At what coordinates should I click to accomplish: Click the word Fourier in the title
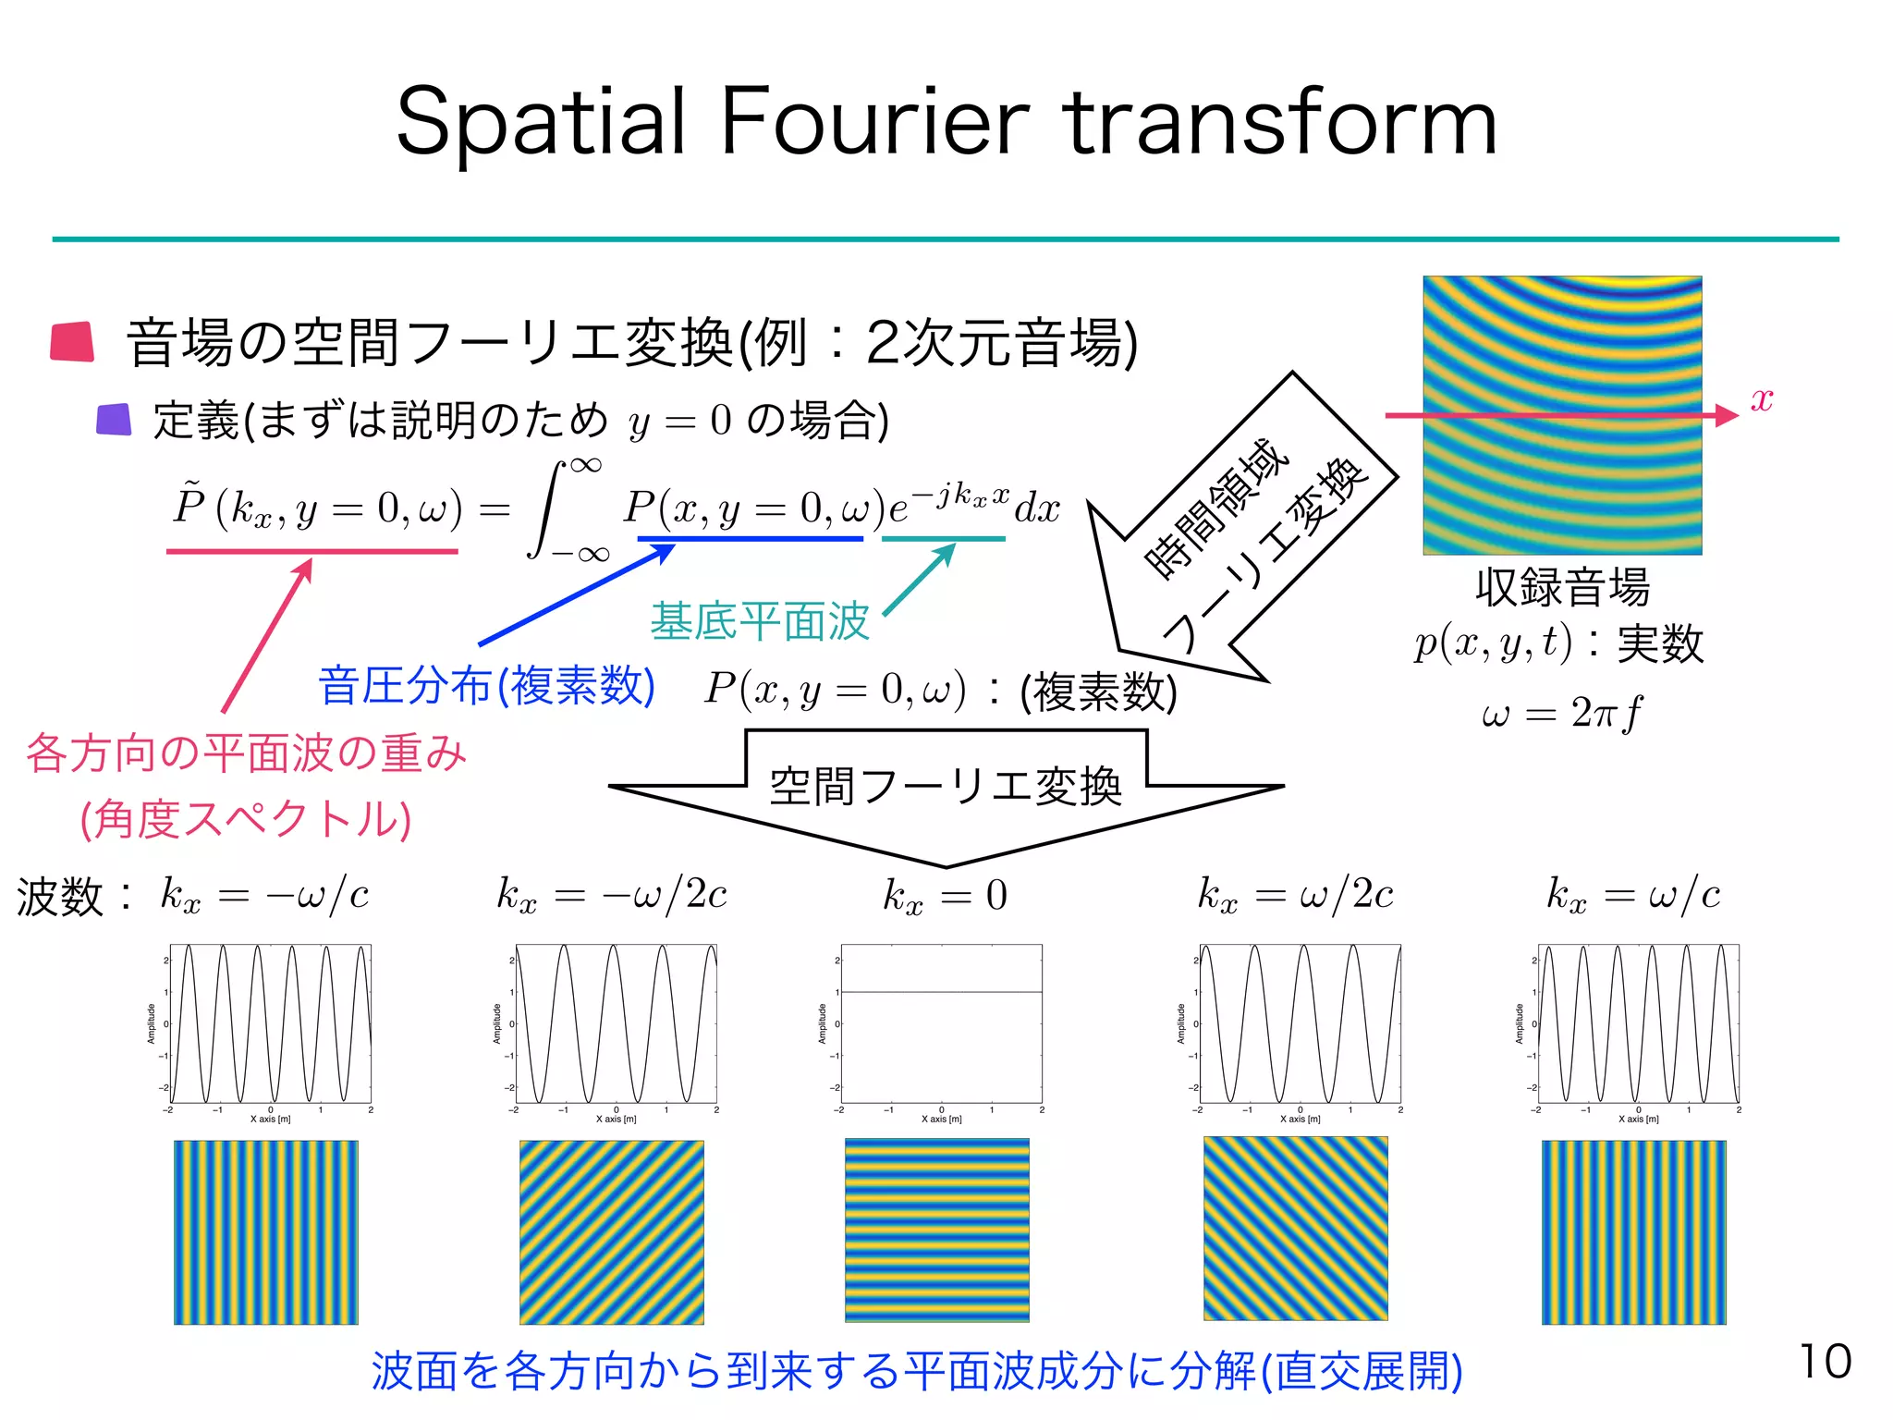click(873, 122)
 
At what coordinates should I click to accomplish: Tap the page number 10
click(1825, 1361)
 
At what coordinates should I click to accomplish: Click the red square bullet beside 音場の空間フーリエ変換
click(72, 341)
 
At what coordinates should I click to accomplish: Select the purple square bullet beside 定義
click(114, 419)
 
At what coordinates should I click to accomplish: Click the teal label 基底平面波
click(759, 620)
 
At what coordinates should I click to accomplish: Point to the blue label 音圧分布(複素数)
click(486, 686)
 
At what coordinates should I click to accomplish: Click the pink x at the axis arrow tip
click(1762, 399)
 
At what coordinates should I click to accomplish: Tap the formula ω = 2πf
click(1561, 713)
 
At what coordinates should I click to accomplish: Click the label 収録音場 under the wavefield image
click(1562, 587)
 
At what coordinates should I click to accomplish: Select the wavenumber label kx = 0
click(945, 895)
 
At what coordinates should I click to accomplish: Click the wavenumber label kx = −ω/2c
click(611, 894)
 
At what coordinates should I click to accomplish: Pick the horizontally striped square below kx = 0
click(936, 1230)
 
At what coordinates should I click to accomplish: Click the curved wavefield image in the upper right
click(1561, 415)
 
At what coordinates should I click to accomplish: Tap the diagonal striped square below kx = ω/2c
click(1295, 1229)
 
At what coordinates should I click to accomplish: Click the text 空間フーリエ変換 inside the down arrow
click(945, 787)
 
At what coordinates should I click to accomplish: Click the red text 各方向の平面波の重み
click(246, 753)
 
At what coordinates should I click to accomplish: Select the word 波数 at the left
click(60, 897)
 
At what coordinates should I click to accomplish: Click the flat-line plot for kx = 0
click(941, 1023)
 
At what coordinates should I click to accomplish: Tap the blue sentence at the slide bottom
click(916, 1370)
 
